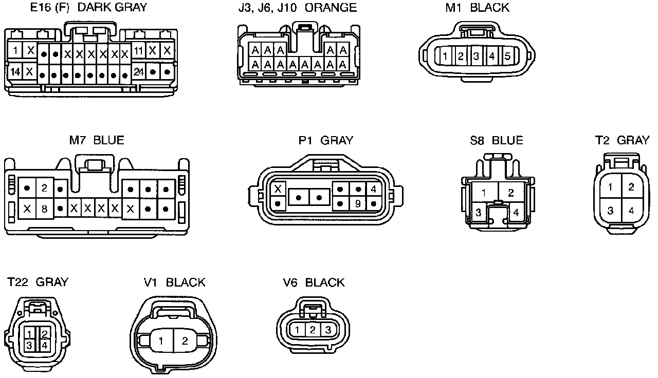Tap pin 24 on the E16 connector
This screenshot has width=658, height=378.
138,72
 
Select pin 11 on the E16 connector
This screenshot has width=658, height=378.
138,51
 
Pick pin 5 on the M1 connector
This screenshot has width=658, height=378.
507,56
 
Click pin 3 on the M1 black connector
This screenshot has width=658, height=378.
477,56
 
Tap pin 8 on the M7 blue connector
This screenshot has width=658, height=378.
44,209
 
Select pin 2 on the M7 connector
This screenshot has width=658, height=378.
44,188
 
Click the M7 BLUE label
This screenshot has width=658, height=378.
97,140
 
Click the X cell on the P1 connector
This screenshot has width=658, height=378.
278,189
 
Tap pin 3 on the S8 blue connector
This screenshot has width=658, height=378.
478,212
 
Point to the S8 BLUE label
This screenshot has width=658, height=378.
496,140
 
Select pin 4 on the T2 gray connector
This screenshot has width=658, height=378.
631,210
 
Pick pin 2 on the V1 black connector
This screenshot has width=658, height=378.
185,341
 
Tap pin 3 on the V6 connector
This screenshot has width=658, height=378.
327,330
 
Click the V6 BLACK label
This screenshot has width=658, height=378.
314,282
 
